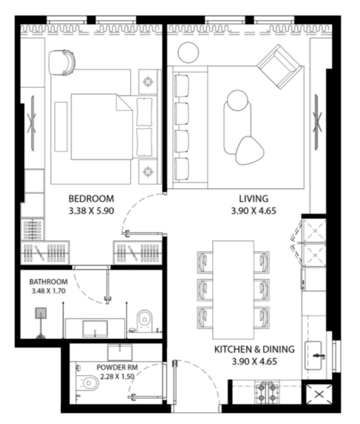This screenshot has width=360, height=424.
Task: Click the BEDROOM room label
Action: [x=91, y=199]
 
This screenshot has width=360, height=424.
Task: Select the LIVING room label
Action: [x=253, y=199]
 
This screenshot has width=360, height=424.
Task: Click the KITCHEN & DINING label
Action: [x=254, y=350]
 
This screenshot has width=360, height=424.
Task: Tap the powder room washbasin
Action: [x=120, y=352]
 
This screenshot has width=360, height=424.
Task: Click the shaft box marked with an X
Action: [x=319, y=394]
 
